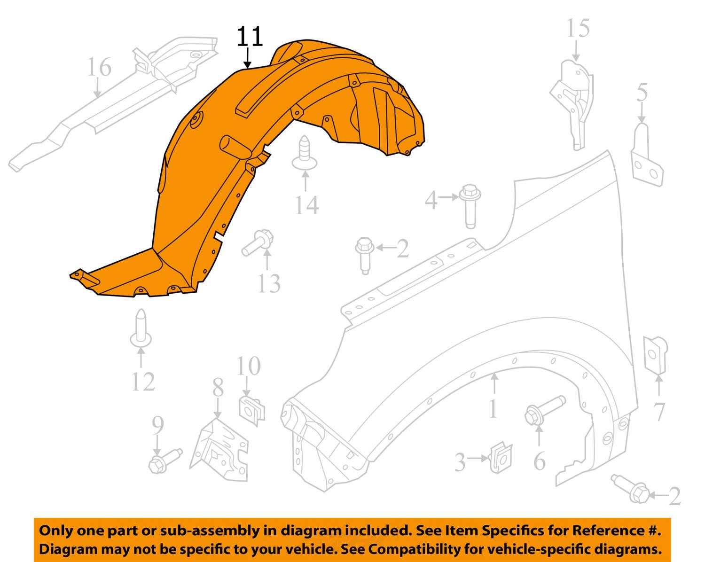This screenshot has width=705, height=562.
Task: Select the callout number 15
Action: (577, 29)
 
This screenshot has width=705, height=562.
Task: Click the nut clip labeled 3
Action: (500, 457)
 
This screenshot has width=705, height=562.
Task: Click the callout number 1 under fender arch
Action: (493, 408)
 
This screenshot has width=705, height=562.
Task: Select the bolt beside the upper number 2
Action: (365, 254)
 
